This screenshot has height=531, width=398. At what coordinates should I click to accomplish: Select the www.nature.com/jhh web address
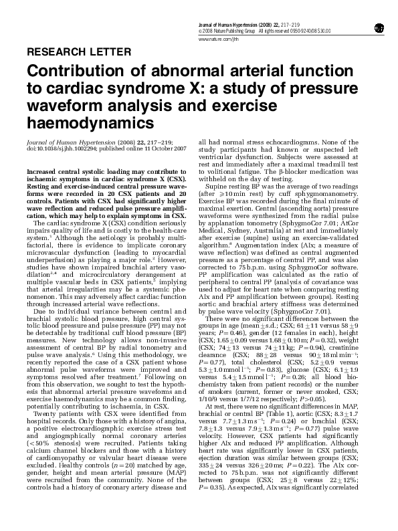[x=218, y=40]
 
